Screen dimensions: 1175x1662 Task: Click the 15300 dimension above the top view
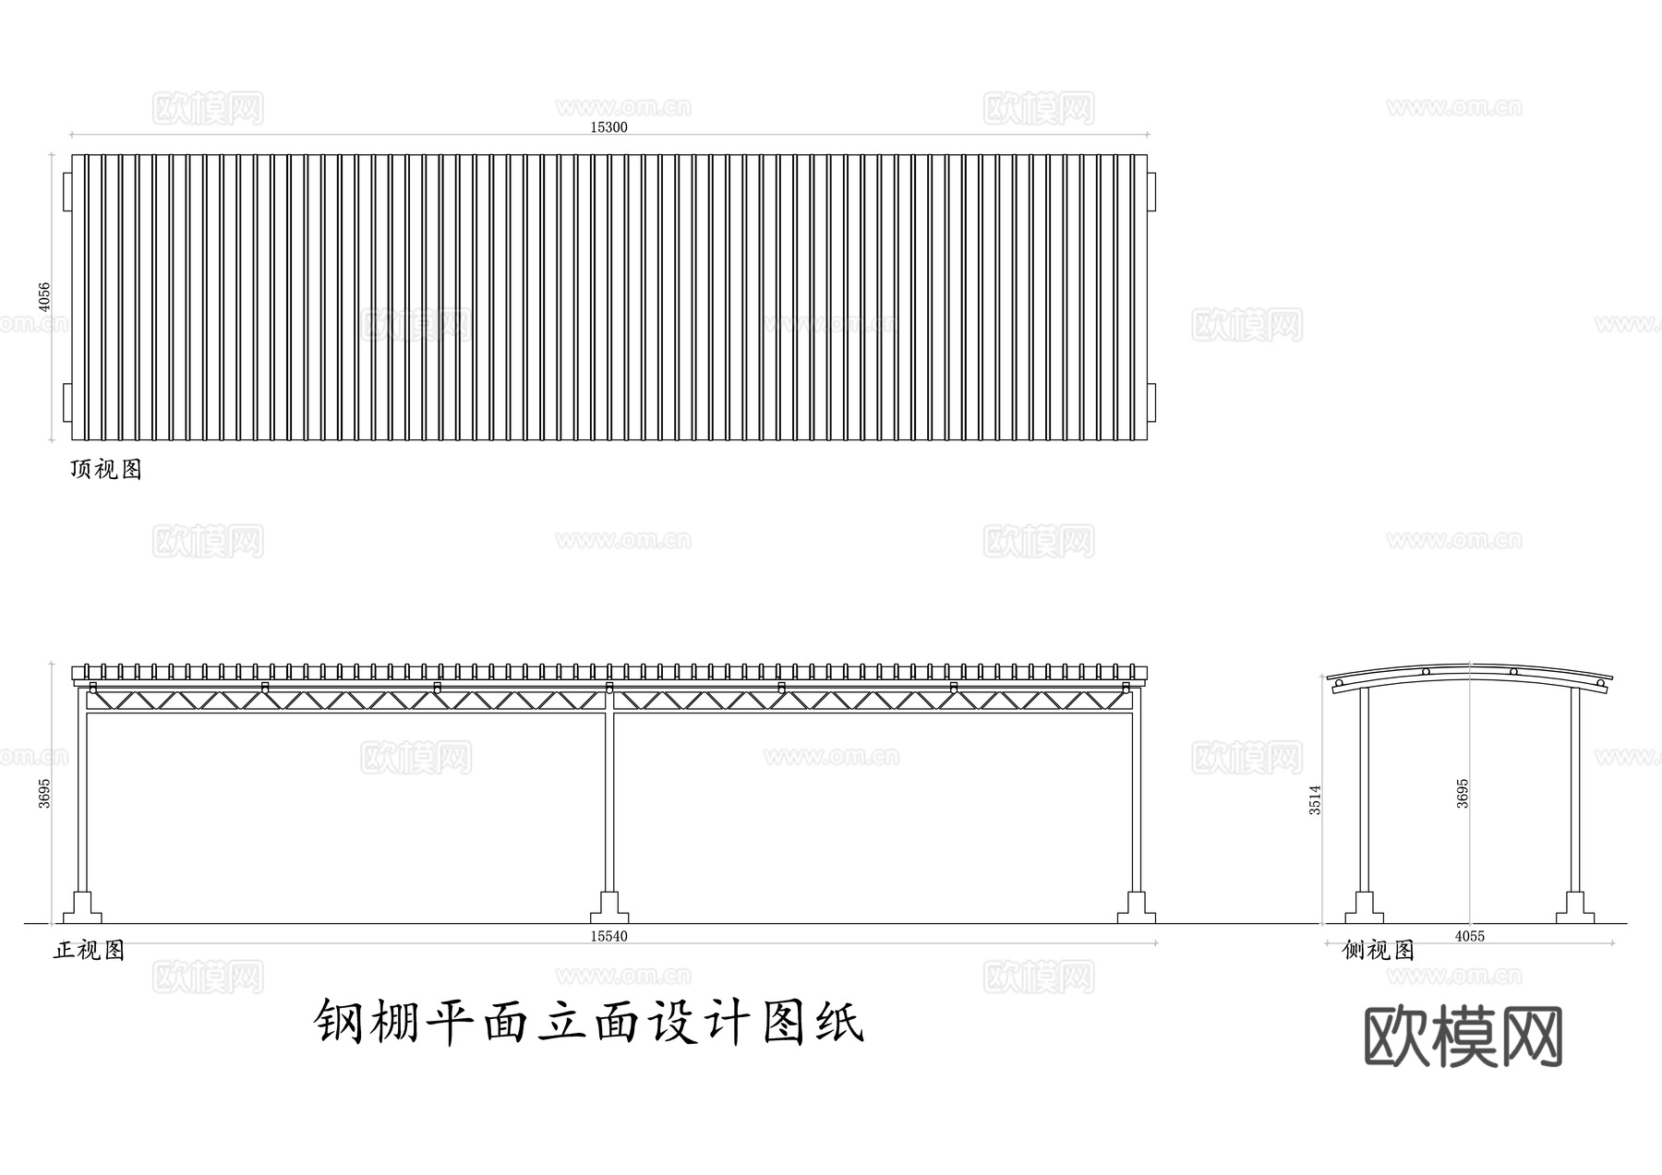pyautogui.click(x=608, y=127)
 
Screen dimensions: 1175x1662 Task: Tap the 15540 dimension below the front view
pyautogui.click(x=608, y=936)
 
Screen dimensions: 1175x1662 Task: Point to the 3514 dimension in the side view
pyautogui.click(x=1315, y=799)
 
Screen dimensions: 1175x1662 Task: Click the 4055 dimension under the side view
pyautogui.click(x=1469, y=936)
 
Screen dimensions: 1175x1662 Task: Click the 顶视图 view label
pyautogui.click(x=106, y=469)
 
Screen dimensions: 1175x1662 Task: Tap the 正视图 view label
pyautogui.click(x=89, y=950)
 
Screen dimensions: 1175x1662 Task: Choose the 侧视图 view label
pyautogui.click(x=1379, y=950)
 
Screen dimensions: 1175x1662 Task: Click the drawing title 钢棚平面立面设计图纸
pyautogui.click(x=590, y=1022)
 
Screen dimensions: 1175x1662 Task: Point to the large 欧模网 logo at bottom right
pyautogui.click(x=1463, y=1037)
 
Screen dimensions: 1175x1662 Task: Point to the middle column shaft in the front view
pyautogui.click(x=609, y=794)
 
